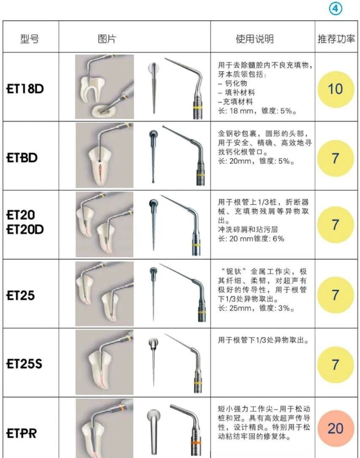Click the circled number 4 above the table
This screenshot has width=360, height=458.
coord(335,8)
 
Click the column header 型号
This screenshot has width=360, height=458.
coord(29,39)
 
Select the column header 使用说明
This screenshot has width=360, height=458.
coord(255,39)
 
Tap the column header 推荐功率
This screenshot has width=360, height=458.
coord(336,39)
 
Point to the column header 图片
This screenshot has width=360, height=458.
coord(106,39)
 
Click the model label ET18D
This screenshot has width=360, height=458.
coord(25,89)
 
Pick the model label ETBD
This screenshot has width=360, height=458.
coord(22,158)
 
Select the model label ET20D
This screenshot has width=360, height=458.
coord(25,230)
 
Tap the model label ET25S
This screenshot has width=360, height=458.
coord(24,363)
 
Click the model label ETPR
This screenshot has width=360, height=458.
coord(21,433)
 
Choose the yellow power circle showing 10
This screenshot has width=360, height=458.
coord(335,89)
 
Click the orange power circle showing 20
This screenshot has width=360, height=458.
coord(335,428)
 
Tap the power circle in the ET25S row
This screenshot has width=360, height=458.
coord(335,365)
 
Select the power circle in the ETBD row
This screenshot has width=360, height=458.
coord(335,158)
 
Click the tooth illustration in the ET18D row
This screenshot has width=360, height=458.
coord(105,87)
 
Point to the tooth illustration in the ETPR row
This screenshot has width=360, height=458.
coord(105,428)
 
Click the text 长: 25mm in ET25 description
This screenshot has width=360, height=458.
coord(235,308)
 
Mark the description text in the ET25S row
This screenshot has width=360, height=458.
coord(263,340)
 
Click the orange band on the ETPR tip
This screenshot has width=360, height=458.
coord(196,443)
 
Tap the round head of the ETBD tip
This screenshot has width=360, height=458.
coord(154,134)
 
